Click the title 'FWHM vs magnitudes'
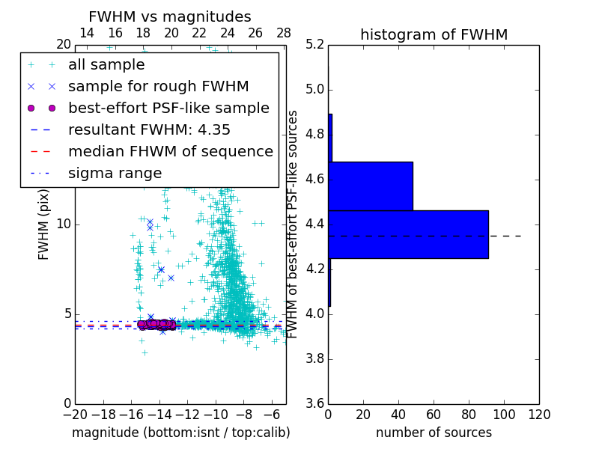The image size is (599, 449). click(x=170, y=16)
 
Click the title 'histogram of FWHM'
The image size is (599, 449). click(x=434, y=34)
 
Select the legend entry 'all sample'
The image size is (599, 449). click(x=106, y=65)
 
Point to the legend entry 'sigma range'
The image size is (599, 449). click(x=115, y=173)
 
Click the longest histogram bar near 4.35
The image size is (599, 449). click(x=408, y=234)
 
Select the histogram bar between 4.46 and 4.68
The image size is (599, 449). click(x=371, y=186)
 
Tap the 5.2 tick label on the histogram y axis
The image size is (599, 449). click(x=314, y=45)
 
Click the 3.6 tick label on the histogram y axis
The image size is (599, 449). click(x=314, y=403)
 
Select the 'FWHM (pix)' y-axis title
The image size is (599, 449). click(x=43, y=224)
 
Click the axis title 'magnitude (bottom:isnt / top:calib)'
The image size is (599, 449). click(x=180, y=433)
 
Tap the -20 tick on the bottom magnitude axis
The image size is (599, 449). click(x=75, y=415)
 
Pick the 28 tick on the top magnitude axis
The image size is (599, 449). click(x=284, y=33)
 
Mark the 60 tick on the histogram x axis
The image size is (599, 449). click(x=434, y=415)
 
